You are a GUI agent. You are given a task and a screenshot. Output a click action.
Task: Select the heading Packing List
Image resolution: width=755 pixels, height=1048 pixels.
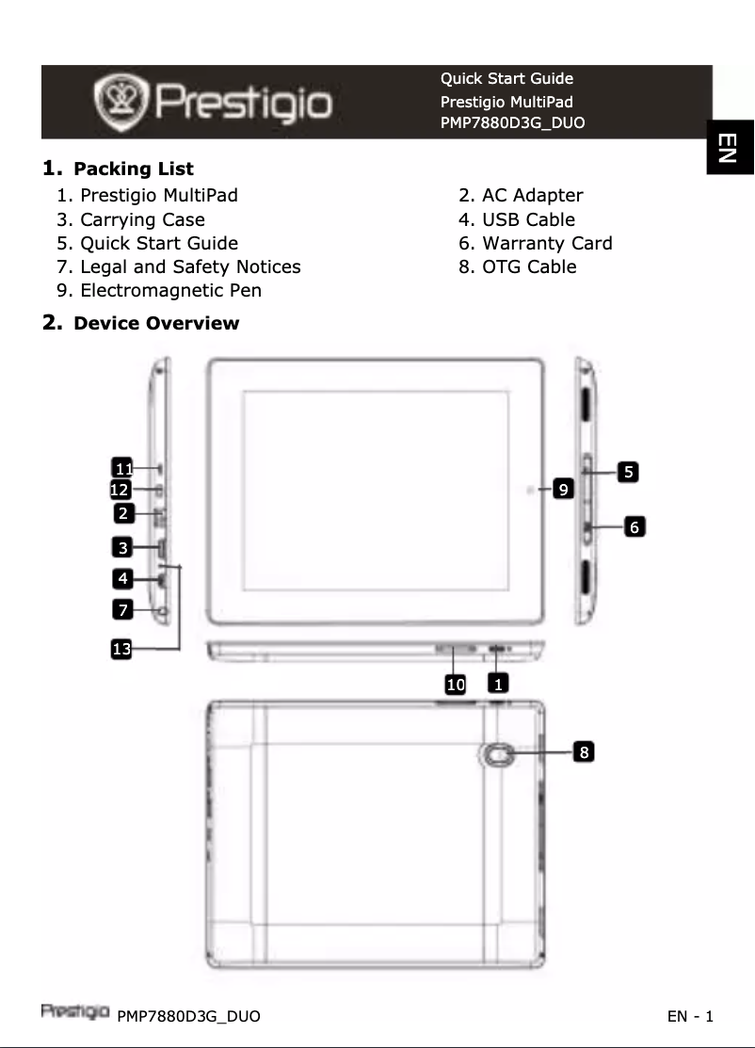pyautogui.click(x=133, y=169)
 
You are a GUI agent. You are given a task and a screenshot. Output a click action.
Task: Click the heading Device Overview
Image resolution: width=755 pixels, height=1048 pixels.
pyautogui.click(x=155, y=324)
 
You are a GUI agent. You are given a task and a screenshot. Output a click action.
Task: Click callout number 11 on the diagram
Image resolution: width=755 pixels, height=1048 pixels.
pyautogui.click(x=121, y=468)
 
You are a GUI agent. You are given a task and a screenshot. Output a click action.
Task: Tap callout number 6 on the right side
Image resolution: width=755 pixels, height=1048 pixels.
pyautogui.click(x=636, y=528)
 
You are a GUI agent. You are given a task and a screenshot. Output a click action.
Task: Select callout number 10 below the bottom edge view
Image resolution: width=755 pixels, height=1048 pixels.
pyautogui.click(x=456, y=685)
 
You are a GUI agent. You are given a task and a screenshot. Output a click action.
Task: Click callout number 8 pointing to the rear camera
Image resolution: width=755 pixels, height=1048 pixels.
pyautogui.click(x=584, y=751)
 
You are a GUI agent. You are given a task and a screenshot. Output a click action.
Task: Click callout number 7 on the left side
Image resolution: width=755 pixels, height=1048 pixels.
pyautogui.click(x=121, y=610)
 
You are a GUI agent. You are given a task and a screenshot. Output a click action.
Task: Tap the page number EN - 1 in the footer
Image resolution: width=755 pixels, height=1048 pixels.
pyautogui.click(x=690, y=1016)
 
